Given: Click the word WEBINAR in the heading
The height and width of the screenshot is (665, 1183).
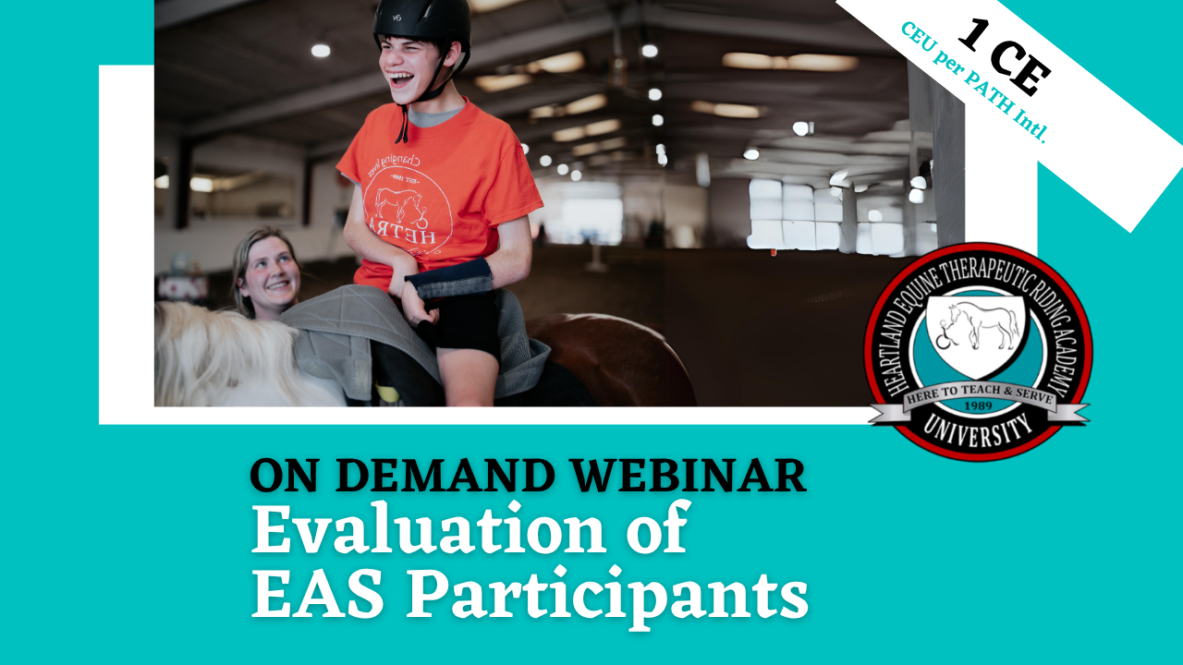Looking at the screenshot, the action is point(689,476).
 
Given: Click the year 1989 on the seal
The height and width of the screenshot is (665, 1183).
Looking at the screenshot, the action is point(978,405).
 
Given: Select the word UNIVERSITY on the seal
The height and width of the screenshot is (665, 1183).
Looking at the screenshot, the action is point(978,429).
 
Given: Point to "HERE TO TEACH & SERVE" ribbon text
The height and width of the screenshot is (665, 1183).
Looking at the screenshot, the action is point(979,393).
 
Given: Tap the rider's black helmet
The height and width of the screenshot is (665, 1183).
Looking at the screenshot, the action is point(421,22).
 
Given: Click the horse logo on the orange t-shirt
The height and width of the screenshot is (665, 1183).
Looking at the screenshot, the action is point(400,206).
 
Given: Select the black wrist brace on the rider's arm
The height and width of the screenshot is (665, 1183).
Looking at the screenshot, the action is point(449,279).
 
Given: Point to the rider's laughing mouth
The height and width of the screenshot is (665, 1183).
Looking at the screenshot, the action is point(401,79).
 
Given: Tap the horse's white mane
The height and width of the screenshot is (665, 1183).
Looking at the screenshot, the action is point(222,354).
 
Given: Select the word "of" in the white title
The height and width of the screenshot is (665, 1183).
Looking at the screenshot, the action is point(656,527).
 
